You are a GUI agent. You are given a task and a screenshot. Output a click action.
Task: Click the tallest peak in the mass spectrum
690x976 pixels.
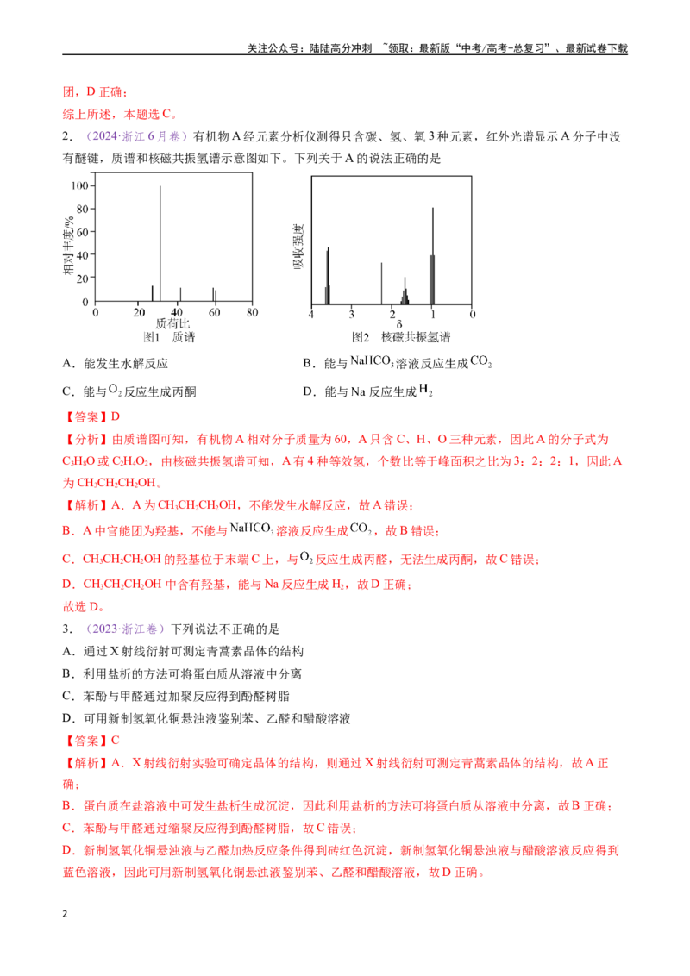160,243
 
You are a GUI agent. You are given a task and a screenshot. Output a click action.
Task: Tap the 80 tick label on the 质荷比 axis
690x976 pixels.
252,312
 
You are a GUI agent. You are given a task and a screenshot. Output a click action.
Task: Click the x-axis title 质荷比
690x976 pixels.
172,323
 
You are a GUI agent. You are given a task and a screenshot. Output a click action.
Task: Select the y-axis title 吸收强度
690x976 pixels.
298,247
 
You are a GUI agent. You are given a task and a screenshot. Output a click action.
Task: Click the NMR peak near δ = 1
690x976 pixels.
432,256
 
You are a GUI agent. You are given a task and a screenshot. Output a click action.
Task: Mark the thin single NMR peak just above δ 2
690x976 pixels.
382,284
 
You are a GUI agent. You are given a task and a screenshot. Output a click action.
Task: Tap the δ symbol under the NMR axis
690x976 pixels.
399,324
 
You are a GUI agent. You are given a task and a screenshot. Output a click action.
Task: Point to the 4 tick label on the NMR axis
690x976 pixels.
311,315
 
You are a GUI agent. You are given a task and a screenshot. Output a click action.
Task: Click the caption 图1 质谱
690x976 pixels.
169,337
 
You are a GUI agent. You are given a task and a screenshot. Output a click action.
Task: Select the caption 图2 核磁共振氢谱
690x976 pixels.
401,337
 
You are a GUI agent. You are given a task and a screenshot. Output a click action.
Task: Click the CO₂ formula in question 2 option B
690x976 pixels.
480,361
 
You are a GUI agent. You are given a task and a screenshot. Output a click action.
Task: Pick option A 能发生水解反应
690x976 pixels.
116,364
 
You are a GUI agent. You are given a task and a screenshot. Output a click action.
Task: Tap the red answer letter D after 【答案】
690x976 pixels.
116,416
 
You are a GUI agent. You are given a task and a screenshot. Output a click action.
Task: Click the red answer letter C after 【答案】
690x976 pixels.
116,740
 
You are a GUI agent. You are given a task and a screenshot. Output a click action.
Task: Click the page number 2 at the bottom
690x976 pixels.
65,914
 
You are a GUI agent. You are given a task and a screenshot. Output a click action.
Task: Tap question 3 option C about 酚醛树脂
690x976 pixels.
176,696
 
